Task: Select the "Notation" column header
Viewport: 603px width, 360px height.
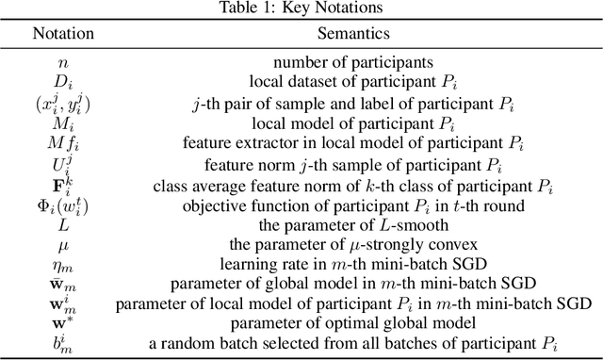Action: (63, 33)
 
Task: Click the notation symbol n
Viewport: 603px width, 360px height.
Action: (63, 61)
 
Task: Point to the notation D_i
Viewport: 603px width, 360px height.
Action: (63, 79)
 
